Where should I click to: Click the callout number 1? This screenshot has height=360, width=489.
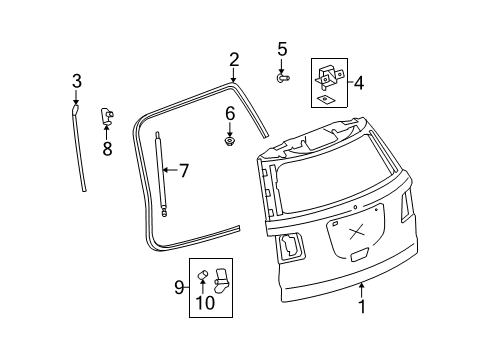(x=362, y=307)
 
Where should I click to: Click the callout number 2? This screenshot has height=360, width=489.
(x=233, y=60)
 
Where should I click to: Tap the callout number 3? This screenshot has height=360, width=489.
(x=75, y=81)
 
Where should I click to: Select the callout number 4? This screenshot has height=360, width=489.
(x=358, y=84)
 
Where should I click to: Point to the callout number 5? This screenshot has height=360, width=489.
(x=282, y=49)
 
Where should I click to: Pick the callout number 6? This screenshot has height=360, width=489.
(x=229, y=113)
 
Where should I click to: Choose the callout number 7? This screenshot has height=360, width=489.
(x=182, y=170)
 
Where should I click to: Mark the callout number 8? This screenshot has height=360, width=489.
(x=107, y=148)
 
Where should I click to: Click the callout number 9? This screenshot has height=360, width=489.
(x=180, y=288)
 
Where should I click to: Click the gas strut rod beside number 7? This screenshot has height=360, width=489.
(x=159, y=170)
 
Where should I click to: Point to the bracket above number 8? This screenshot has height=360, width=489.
(x=107, y=117)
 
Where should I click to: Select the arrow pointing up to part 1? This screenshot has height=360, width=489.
(x=362, y=290)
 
